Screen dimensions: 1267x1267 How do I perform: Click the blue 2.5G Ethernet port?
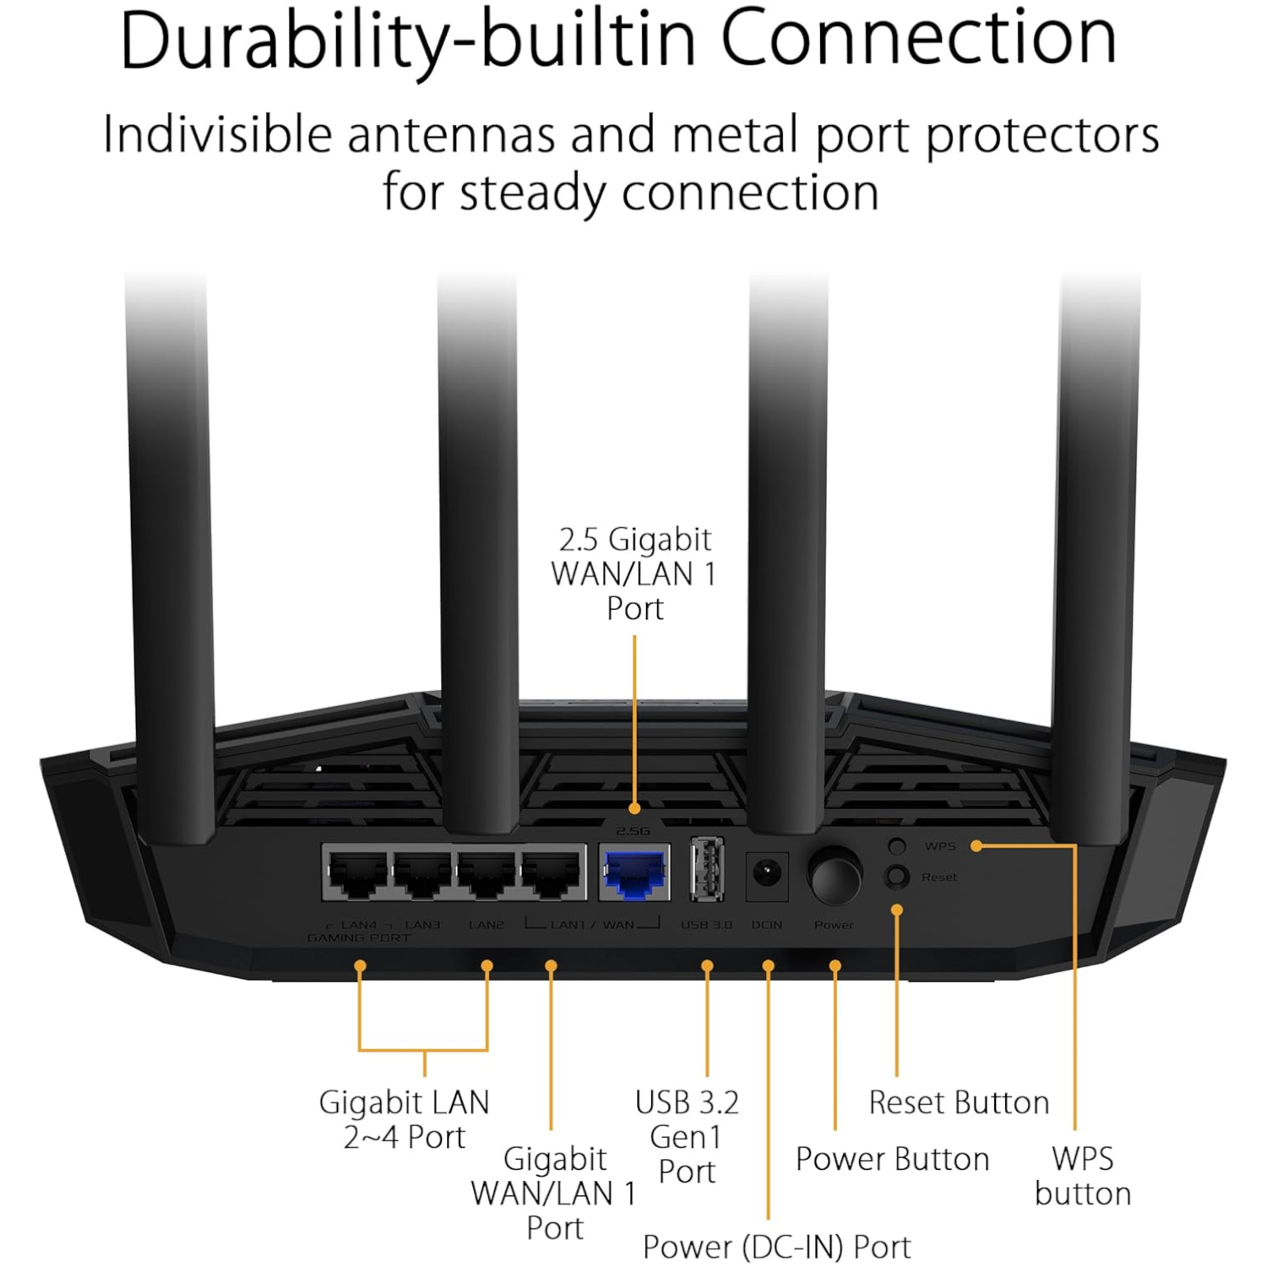634,873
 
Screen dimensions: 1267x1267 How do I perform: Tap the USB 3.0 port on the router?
707,870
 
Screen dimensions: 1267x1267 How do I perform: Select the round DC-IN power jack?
767,873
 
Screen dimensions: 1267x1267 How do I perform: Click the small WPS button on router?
897,846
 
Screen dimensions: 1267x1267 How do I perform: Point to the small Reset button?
897,877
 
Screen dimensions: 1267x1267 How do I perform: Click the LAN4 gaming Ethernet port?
357,873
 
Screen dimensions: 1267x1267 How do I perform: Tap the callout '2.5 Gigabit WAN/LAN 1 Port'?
634,574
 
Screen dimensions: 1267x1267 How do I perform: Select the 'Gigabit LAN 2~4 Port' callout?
404,1119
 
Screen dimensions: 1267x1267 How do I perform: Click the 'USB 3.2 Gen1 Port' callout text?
687,1136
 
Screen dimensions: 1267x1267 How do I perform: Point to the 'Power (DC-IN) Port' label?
776,1246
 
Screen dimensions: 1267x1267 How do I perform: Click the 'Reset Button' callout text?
959,1102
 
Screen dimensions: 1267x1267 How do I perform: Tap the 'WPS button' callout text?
1082,1175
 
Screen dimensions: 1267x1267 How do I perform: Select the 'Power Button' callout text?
892,1159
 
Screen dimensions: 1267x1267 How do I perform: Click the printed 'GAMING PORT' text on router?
359,938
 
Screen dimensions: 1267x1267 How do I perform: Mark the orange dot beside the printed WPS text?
976,846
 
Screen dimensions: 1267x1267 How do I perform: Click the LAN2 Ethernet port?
487,873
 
